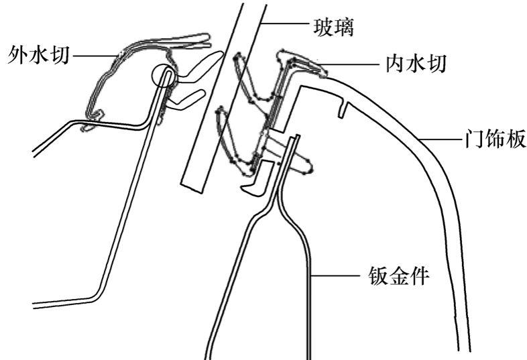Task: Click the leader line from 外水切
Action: coord(94,54)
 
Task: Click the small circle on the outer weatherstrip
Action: coord(164,75)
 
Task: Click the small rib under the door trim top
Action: coord(343,107)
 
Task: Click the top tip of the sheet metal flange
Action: coord(293,138)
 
